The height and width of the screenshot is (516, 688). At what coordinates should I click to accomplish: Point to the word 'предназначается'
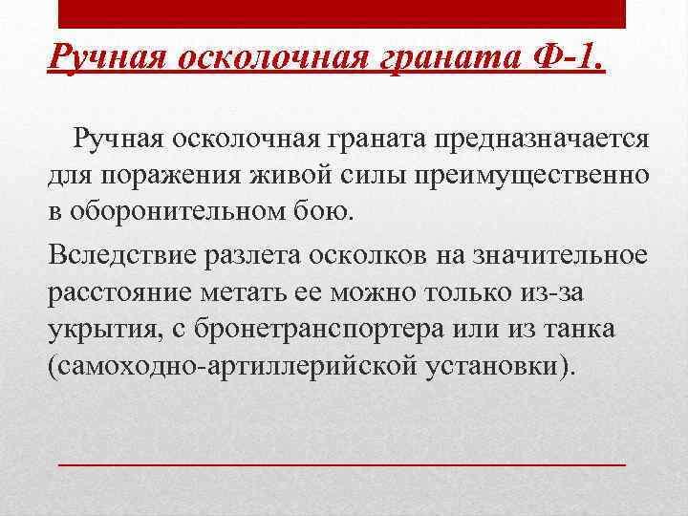543,140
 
